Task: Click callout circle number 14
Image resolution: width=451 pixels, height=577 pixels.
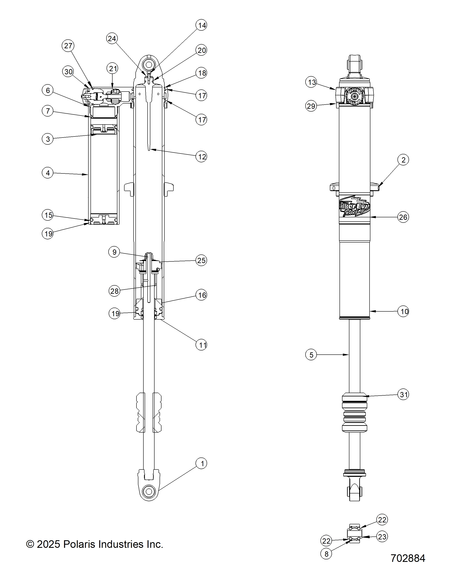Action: point(201,25)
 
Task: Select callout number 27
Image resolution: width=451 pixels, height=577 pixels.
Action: point(68,46)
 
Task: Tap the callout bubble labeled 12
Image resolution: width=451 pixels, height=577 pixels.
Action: point(201,157)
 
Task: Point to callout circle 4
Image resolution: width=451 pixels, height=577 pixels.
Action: point(48,173)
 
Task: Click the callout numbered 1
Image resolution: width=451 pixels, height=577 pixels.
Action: point(201,463)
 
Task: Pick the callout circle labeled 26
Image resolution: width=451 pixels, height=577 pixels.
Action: point(403,217)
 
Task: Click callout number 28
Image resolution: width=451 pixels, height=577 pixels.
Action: point(114,291)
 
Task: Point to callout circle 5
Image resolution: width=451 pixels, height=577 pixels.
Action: point(311,355)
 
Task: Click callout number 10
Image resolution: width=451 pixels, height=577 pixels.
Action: point(403,311)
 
